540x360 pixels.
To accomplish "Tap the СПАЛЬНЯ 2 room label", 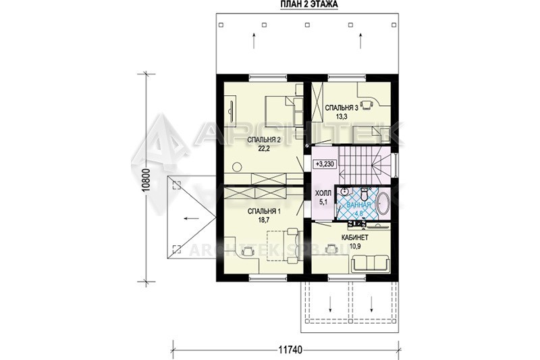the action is pyautogui.click(x=265, y=140).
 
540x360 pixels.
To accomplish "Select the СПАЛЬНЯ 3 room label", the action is pyautogui.click(x=342, y=108).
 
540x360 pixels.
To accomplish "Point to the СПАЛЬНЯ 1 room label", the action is pyautogui.click(x=264, y=211).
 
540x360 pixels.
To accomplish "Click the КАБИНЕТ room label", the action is pyautogui.click(x=355, y=238).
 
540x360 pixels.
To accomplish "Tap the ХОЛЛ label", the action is pyautogui.click(x=323, y=193).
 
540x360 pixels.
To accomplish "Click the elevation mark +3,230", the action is pyautogui.click(x=324, y=164).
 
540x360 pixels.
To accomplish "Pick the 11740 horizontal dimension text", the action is pyautogui.click(x=290, y=350).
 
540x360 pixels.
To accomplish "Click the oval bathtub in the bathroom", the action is pyautogui.click(x=382, y=205).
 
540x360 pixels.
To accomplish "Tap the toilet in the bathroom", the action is pyautogui.click(x=364, y=195).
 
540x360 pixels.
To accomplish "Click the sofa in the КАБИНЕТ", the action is pyautogui.click(x=371, y=263).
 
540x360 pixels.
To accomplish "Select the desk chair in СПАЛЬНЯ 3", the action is pyautogui.click(x=368, y=105).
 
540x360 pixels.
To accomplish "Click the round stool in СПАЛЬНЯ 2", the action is pyautogui.click(x=237, y=167).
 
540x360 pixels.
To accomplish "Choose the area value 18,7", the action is pyautogui.click(x=264, y=220).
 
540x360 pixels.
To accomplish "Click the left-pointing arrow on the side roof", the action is pyautogui.click(x=191, y=218).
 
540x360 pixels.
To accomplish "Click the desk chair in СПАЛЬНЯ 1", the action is pyautogui.click(x=248, y=251).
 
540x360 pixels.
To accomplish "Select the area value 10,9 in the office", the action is pyautogui.click(x=355, y=247).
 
